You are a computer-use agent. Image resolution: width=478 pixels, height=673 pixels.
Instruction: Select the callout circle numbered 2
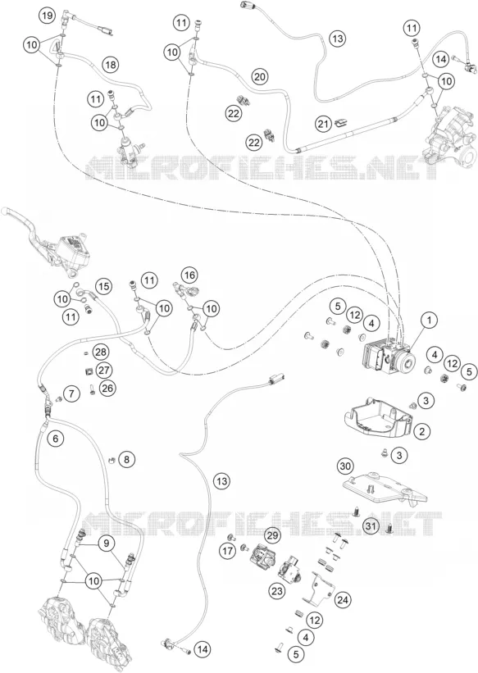(x=421, y=431)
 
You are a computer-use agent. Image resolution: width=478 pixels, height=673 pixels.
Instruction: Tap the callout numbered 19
(x=48, y=16)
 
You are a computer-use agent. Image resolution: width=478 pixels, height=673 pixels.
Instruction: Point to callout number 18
(x=111, y=65)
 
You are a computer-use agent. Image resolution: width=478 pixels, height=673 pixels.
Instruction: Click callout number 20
(x=259, y=77)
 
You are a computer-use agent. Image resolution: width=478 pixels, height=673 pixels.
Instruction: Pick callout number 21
(x=324, y=124)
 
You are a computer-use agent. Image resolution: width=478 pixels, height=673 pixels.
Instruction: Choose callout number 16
(x=189, y=275)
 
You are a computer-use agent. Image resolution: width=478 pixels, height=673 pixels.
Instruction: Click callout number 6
(x=56, y=439)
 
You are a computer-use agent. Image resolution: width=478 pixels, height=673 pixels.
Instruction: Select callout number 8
(x=126, y=460)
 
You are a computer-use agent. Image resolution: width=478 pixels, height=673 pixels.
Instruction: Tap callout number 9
(x=106, y=543)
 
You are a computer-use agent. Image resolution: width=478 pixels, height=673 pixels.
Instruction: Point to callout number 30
(x=345, y=466)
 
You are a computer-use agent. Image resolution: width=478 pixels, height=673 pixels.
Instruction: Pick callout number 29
(x=273, y=535)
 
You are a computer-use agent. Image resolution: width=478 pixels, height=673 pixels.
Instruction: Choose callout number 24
(x=342, y=599)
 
